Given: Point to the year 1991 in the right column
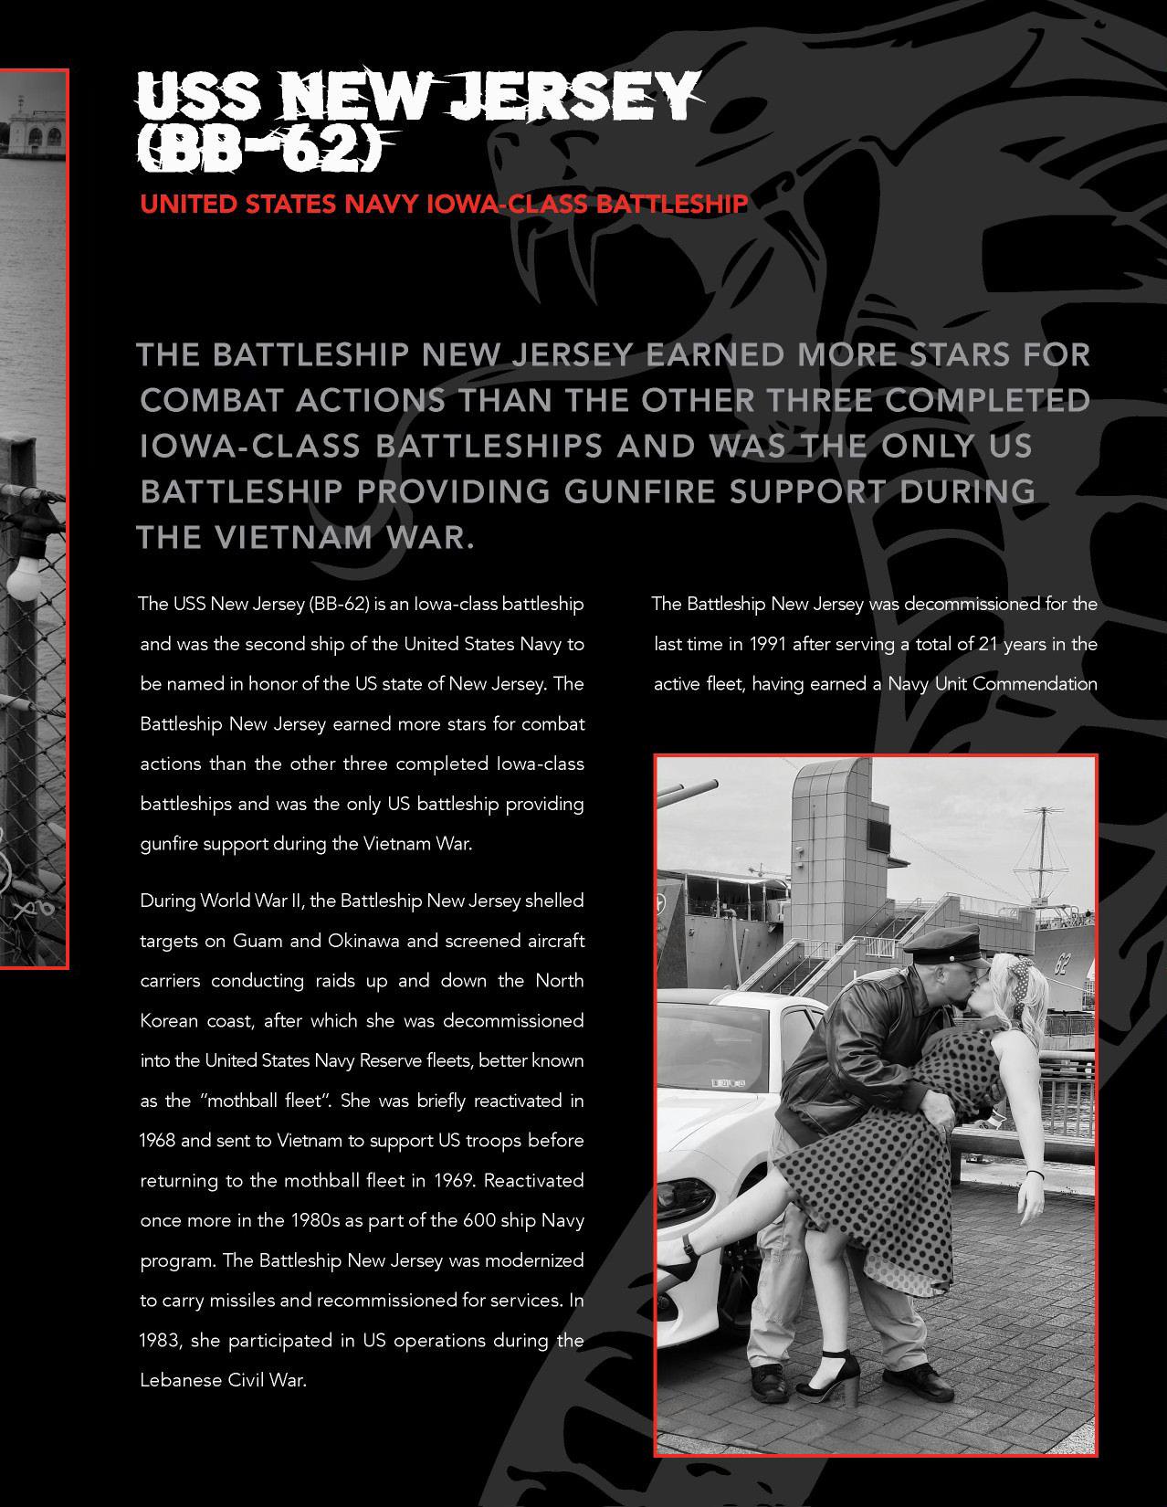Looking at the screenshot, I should click(x=768, y=644).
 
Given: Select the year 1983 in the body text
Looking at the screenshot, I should click(x=160, y=1341).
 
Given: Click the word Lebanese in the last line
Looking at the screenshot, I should click(x=179, y=1380).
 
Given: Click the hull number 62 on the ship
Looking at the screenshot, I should click(x=1061, y=964).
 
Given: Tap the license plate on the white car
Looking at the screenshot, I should click(x=728, y=1082).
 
